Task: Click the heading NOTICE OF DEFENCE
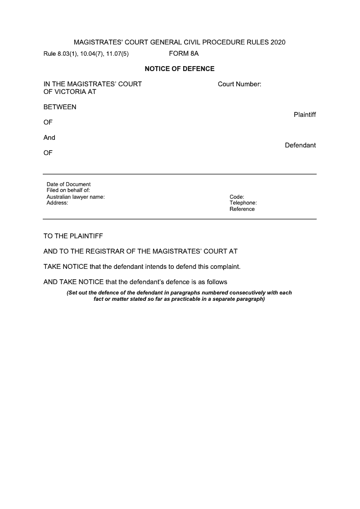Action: click(x=180, y=69)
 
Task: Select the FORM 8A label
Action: click(x=184, y=54)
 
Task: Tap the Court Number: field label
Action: click(x=239, y=84)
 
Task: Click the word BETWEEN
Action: click(x=60, y=107)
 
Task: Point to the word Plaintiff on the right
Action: click(x=305, y=115)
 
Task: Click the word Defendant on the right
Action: click(x=300, y=145)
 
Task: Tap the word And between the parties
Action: click(x=49, y=138)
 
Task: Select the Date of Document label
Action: click(x=68, y=184)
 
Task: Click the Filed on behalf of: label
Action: click(x=68, y=190)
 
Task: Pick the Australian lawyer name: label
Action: click(x=76, y=196)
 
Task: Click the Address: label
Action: click(x=57, y=203)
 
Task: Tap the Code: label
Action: click(x=237, y=196)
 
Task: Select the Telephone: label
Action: click(x=243, y=203)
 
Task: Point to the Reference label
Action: click(x=242, y=209)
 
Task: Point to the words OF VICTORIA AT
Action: click(x=70, y=92)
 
